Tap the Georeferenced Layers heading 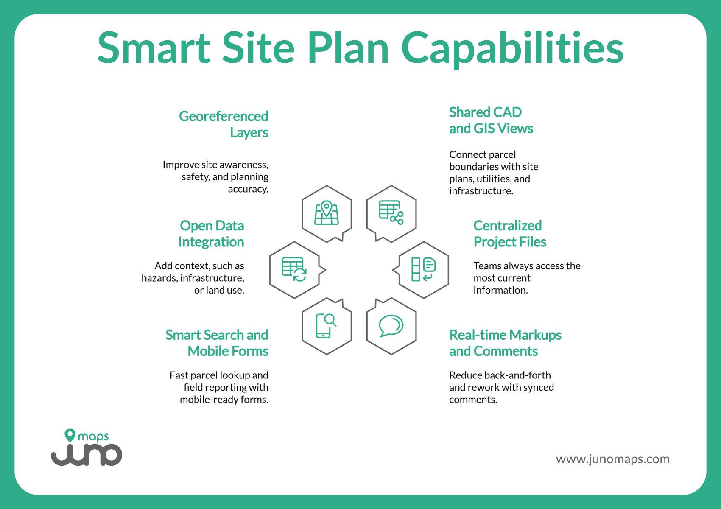(224, 124)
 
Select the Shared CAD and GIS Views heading (491, 120)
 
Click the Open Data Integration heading (211, 233)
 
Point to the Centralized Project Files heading (509, 233)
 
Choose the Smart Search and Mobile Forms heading (217, 343)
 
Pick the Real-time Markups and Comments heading (505, 343)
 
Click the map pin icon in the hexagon (327, 213)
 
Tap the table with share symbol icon (391, 213)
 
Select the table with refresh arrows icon (294, 269)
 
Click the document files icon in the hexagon (423, 269)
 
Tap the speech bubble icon (391, 326)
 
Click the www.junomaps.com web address (612, 459)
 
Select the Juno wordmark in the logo (87, 454)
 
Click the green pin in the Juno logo (70, 435)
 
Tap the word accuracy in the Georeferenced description (248, 189)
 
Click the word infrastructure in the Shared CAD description (481, 191)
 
